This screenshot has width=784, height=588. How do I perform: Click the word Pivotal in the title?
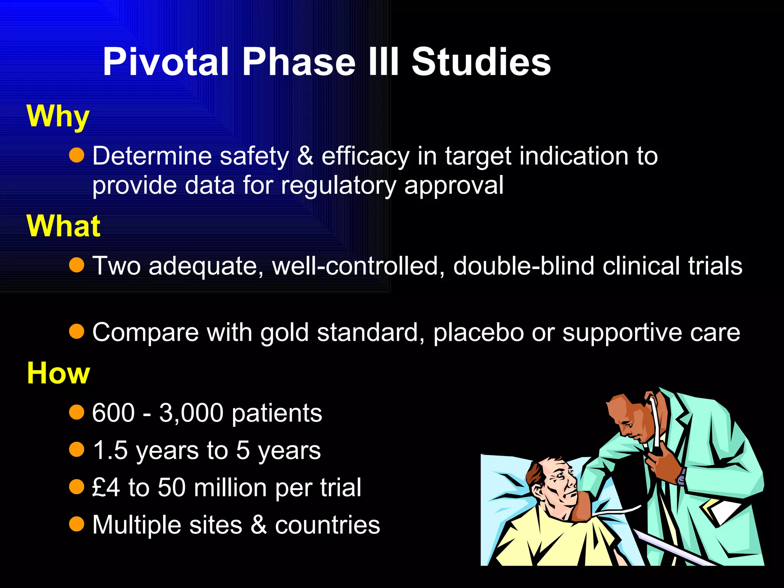[166, 62]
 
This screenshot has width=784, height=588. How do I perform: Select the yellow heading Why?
[58, 116]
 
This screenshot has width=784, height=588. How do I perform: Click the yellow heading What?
[64, 226]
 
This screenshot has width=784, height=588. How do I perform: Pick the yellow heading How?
[58, 373]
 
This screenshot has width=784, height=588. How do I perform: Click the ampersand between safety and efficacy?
[305, 156]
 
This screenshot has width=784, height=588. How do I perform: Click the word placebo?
[479, 332]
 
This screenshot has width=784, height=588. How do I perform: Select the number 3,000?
[191, 413]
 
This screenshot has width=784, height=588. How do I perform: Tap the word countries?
[327, 525]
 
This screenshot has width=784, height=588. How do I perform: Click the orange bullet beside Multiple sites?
[77, 524]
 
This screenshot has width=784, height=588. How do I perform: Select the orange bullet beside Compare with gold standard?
[77, 332]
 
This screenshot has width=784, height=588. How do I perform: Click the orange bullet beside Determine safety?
[77, 155]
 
